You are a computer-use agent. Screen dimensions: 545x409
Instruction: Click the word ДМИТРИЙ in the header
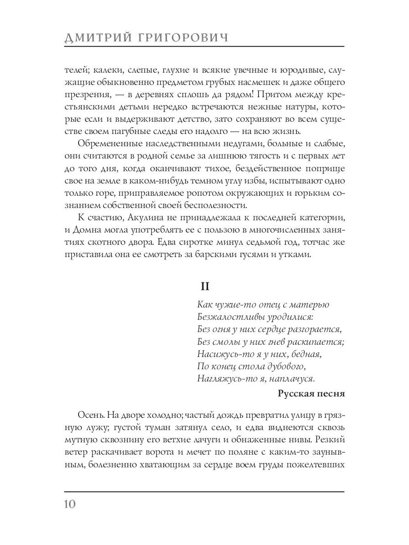95,38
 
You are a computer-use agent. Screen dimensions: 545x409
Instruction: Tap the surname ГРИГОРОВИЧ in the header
179,38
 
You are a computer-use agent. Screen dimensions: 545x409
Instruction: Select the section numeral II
204,287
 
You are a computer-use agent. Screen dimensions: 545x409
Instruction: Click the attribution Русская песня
311,394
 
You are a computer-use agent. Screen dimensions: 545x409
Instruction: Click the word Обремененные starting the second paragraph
108,144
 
